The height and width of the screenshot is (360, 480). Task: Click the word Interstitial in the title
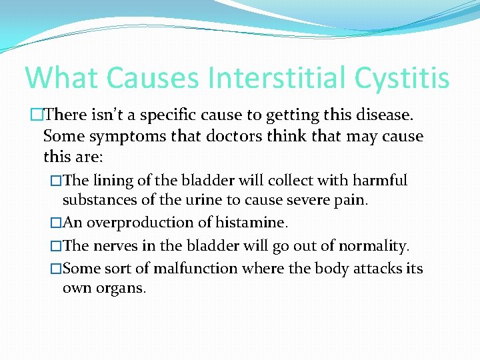coord(275,77)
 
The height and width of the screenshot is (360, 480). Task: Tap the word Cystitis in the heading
coord(401,77)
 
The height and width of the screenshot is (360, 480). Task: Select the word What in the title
coord(65,77)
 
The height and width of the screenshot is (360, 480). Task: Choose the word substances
coord(94,200)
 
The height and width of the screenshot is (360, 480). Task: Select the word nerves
coord(115,246)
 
